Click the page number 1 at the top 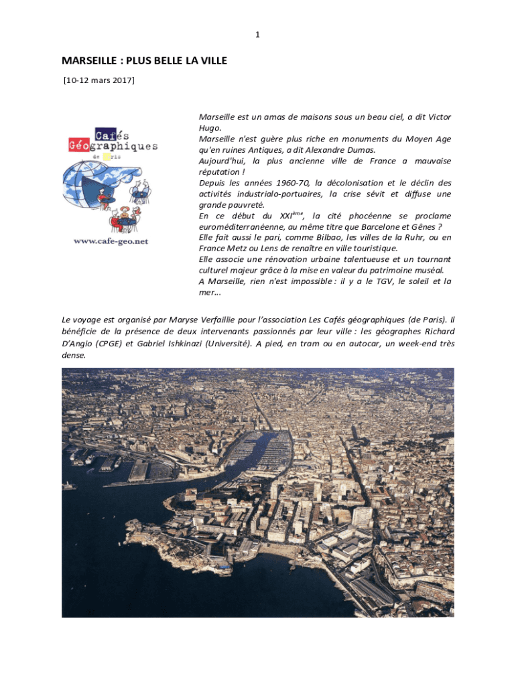pyautogui.click(x=258, y=34)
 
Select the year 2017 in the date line pyautogui.click(x=121, y=81)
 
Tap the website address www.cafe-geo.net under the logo pyautogui.click(x=111, y=241)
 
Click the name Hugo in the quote pyautogui.click(x=210, y=128)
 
